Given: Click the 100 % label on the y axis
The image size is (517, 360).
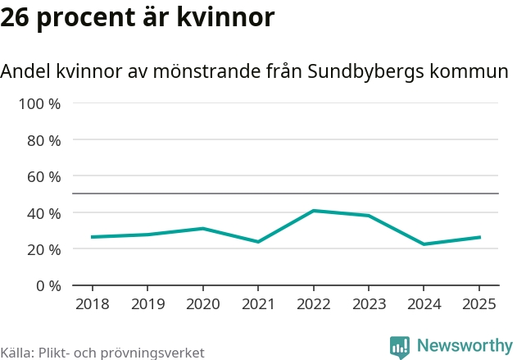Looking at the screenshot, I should point(40,104).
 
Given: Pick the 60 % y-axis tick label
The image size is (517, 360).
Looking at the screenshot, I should point(44,176).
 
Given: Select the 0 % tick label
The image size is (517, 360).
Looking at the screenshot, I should point(48,285).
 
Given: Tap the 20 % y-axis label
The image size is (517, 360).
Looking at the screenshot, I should point(44,249).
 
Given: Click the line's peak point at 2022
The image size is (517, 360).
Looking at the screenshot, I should point(313,211).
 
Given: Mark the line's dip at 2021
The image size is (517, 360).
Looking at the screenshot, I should point(258,242).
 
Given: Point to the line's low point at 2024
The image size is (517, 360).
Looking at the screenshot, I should point(424,244).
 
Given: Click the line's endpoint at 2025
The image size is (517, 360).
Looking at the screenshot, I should point(479,237).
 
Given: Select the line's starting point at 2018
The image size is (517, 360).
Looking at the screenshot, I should point(92,237).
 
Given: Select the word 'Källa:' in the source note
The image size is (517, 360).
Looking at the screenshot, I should point(16,353).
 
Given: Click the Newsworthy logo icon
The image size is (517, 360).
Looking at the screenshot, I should point(400,347).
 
